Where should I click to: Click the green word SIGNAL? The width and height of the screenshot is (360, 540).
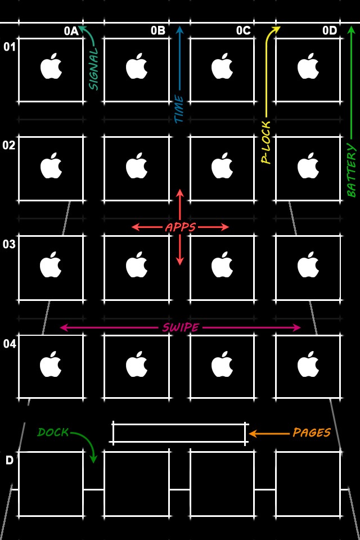[93, 69]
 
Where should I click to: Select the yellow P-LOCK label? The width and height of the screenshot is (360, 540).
[266, 142]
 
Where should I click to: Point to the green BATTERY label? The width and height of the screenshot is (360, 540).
[352, 170]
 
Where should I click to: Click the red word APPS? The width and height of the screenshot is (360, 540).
[180, 227]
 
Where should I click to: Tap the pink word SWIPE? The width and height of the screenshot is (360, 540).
[180, 327]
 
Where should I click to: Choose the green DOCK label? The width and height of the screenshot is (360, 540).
[53, 433]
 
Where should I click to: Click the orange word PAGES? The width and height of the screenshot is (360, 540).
[311, 433]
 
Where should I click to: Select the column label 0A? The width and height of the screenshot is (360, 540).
[71, 31]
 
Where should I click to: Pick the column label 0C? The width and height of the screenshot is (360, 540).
[243, 31]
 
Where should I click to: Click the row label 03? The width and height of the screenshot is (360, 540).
[9, 244]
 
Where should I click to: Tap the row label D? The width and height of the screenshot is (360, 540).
[10, 461]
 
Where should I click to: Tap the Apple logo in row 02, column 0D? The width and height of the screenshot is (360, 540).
[308, 165]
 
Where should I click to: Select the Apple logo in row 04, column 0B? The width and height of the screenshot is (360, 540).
[136, 364]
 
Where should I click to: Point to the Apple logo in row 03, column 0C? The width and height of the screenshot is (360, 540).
[222, 264]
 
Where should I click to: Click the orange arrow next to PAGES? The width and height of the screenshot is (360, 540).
[268, 433]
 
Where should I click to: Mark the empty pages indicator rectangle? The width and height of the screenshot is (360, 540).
[179, 433]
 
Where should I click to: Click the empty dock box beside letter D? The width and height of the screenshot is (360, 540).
[51, 484]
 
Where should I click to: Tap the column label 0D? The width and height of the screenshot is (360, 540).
[329, 31]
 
